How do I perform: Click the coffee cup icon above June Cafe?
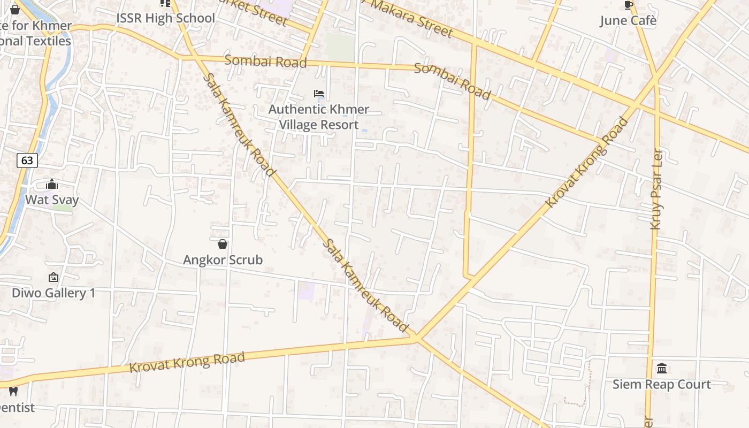point(629,5)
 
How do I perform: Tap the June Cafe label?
point(628,21)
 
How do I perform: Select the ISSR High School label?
point(165,18)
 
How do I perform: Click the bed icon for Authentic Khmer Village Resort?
point(319,94)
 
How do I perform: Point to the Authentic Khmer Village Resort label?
point(319,117)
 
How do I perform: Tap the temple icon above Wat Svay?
point(52,185)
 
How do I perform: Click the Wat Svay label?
point(52,200)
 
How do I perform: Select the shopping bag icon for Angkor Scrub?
point(223,244)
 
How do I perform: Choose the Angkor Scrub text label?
point(223,260)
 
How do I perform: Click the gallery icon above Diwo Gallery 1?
point(53,277)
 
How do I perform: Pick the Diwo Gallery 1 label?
point(53,293)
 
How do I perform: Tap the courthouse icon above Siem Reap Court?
point(662,369)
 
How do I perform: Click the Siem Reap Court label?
point(662,385)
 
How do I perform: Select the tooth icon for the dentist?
point(13,392)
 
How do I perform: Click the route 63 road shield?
point(27,160)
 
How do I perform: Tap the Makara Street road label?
point(412,18)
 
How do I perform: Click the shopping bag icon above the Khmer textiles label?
point(15,9)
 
